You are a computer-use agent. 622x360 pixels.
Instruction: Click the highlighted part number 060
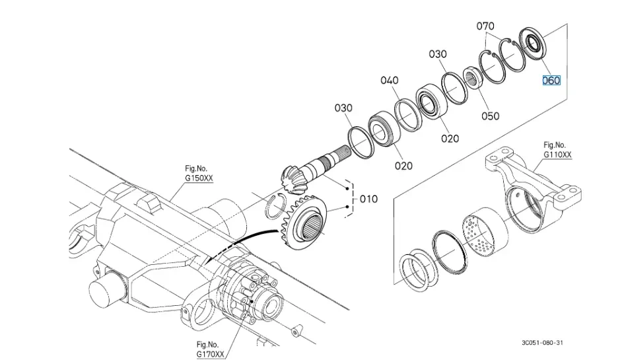coord(551,81)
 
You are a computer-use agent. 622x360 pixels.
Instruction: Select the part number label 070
coord(485,26)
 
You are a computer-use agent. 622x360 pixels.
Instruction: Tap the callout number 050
coord(490,116)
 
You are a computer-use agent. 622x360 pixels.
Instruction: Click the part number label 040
coord(389,81)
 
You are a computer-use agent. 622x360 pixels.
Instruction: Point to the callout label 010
coord(368,199)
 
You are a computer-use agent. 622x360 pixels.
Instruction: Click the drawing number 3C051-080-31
coord(541,343)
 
